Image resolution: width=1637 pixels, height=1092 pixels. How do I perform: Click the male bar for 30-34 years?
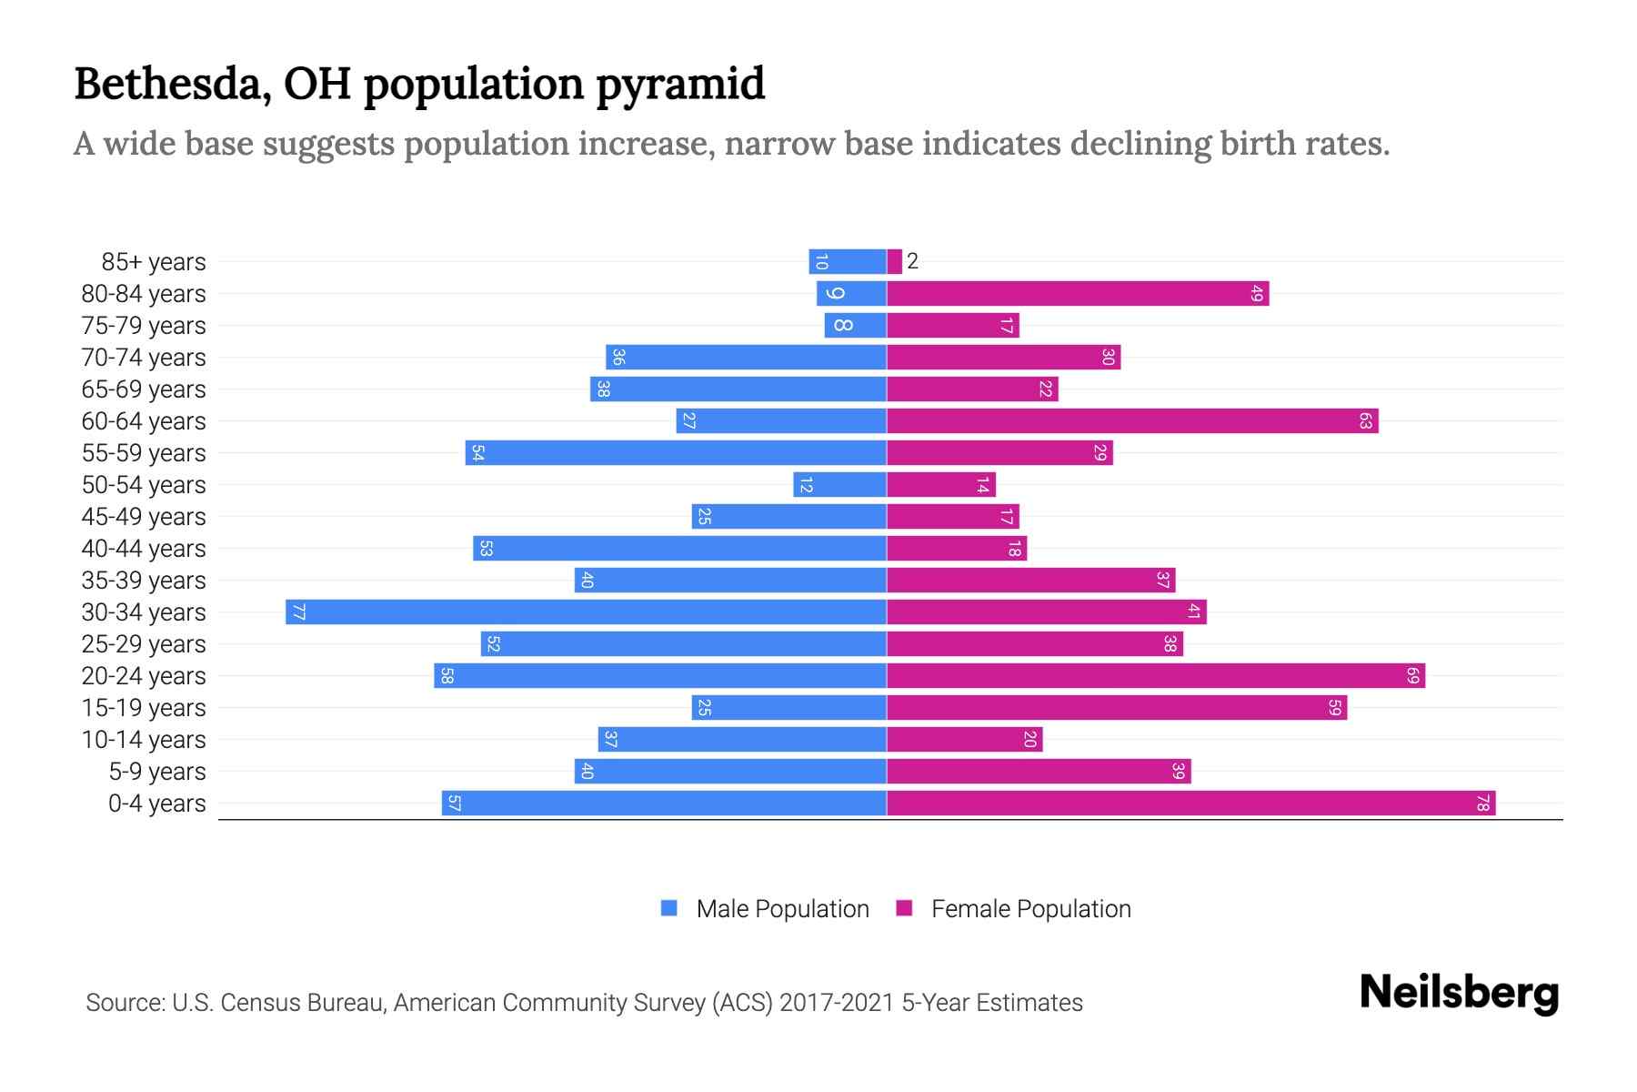[x=587, y=612]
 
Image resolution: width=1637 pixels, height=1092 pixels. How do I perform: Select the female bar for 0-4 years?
[x=1190, y=804]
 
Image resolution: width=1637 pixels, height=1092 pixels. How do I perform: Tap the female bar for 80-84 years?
[x=1078, y=293]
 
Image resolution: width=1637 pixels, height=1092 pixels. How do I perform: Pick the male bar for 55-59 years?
[x=676, y=452]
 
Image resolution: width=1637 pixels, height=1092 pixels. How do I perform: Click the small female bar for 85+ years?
[x=894, y=261]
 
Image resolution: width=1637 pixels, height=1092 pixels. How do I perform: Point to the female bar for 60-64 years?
[x=1132, y=420]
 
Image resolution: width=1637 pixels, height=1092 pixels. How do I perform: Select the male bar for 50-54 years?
[x=839, y=484]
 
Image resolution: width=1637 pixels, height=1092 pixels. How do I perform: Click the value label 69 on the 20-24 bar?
[x=1412, y=675]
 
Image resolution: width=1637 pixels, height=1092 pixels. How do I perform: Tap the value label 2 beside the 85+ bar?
[x=912, y=261]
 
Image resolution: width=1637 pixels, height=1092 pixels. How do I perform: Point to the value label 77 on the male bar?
[x=298, y=612]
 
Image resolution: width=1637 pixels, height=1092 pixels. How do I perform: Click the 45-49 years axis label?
[x=144, y=516]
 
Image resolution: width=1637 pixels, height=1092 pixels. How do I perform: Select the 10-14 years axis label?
[x=144, y=739]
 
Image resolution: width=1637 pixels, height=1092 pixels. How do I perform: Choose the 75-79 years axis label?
[x=144, y=325]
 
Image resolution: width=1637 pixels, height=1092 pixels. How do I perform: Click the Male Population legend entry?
[x=782, y=908]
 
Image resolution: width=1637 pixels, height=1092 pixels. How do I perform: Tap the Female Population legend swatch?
[x=904, y=908]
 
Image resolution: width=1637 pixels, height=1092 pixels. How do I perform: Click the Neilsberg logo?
[x=1459, y=993]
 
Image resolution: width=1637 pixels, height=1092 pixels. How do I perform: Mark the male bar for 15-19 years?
[x=788, y=707]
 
